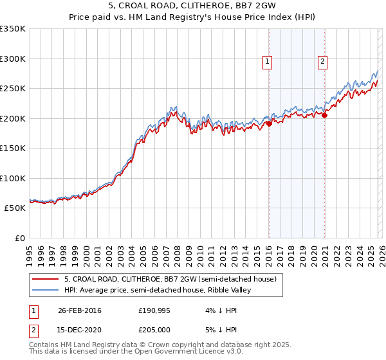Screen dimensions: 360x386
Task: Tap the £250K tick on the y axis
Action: point(13,89)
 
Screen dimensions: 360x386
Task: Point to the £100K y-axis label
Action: point(13,178)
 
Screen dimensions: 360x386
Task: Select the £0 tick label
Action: point(19,238)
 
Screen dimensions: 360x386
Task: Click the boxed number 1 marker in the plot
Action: point(267,62)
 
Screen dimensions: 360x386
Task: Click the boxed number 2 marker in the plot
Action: point(322,62)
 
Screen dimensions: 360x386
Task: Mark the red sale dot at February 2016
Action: point(269,123)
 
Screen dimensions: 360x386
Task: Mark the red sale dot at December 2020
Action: point(325,115)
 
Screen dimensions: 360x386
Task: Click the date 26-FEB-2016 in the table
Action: point(79,310)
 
